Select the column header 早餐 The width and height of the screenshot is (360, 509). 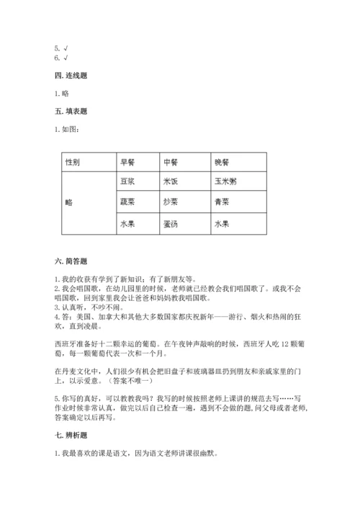pyautogui.click(x=127, y=162)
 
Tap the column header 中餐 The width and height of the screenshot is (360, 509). pyautogui.click(x=171, y=162)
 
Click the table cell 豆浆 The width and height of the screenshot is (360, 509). pyautogui.click(x=127, y=182)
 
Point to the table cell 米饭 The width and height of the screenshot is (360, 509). pyautogui.click(x=171, y=182)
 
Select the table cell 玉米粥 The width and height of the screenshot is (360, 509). pyautogui.click(x=225, y=182)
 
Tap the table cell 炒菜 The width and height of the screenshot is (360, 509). pyautogui.click(x=171, y=203)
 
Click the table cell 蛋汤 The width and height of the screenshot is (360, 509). pyautogui.click(x=171, y=224)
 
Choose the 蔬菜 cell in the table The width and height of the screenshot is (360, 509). pyautogui.click(x=127, y=203)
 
